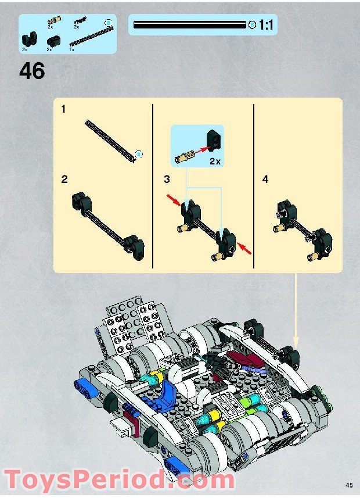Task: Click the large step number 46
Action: (x=32, y=70)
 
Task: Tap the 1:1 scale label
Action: (x=267, y=25)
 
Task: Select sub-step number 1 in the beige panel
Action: (x=64, y=109)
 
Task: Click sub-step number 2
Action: (x=64, y=180)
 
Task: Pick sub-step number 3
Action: (x=167, y=180)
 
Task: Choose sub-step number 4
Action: (x=265, y=180)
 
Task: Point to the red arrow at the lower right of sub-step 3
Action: (x=246, y=250)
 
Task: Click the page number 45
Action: (x=349, y=485)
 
